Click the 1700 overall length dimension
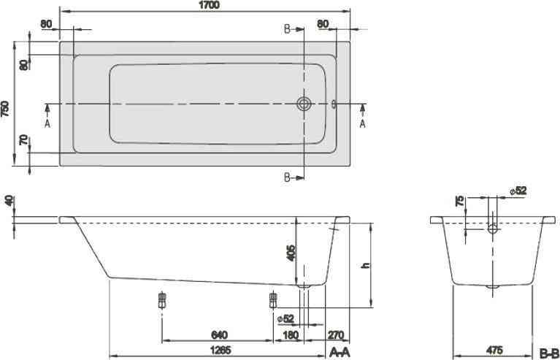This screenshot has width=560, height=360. tap(210, 4)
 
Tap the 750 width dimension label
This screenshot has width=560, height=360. tap(5, 109)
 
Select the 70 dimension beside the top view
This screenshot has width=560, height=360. tap(24, 140)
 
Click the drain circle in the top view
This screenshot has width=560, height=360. tap(304, 104)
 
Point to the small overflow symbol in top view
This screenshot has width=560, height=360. tap(334, 104)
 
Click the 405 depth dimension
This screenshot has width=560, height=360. tap(292, 253)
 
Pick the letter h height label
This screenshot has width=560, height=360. tap(366, 265)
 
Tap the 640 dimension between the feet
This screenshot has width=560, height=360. tap(219, 335)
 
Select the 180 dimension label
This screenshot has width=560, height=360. tap(290, 335)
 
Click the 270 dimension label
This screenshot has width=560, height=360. tap(336, 335)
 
